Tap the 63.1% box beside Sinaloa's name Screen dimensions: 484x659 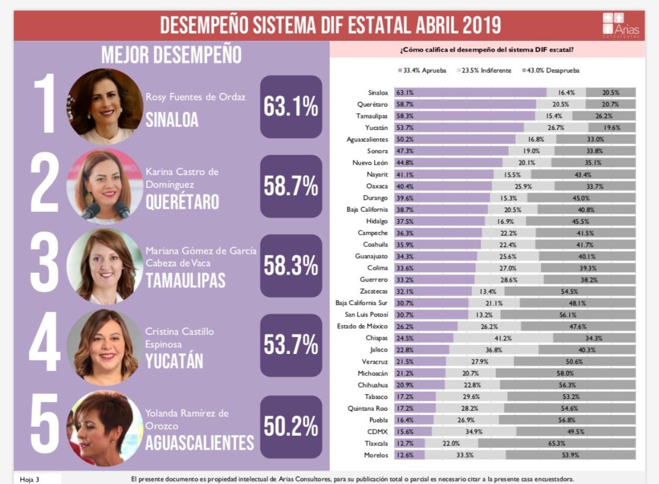coord(290,107)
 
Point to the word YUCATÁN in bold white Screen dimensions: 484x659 coord(174,361)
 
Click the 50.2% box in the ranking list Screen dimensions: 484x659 coord(290,426)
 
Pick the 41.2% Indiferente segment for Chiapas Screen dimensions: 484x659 coord(503,338)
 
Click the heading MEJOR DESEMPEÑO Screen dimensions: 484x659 coord(171,55)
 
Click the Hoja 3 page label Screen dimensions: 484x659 coord(30,479)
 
